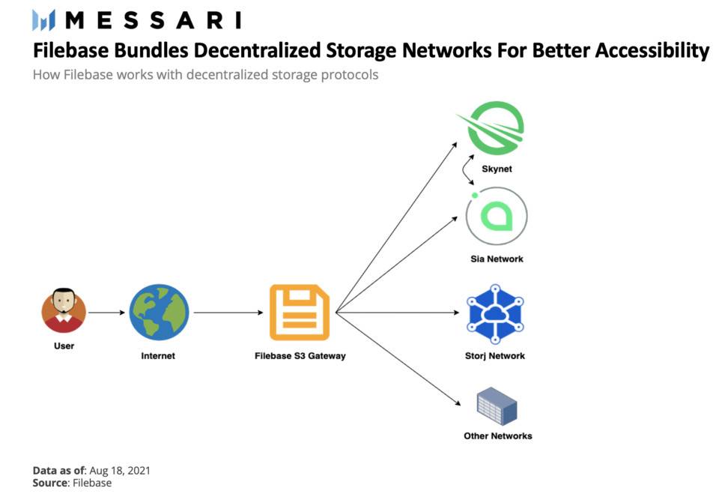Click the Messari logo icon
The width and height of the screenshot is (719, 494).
43,20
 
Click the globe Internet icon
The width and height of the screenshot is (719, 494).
159,312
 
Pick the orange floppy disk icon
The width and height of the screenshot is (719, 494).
300,312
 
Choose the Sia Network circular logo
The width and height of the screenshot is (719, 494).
496,217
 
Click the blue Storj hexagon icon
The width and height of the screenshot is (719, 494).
494,313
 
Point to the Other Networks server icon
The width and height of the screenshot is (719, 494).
497,406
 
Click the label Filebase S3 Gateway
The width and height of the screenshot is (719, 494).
300,356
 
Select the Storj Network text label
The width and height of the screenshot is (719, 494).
494,356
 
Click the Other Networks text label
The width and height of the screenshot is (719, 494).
497,436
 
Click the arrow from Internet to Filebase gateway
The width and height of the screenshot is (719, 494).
228,312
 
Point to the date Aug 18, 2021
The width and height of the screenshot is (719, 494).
119,471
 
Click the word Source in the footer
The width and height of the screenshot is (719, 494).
50,484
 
